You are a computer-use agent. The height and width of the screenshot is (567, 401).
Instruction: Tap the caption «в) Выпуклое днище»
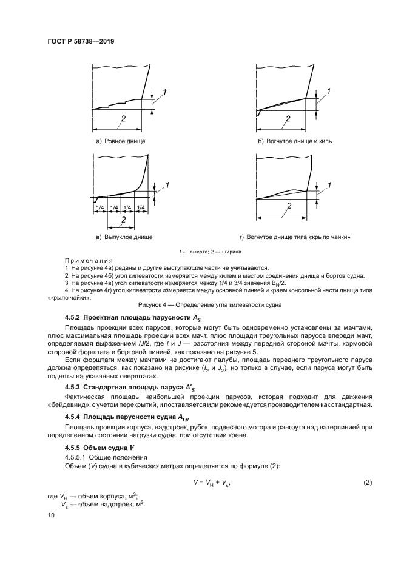pos(120,237)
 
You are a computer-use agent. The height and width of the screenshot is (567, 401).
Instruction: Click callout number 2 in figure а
pos(123,119)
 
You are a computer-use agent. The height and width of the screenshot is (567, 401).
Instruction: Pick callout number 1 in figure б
pos(328,91)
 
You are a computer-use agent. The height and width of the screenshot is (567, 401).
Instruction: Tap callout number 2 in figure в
pos(123,219)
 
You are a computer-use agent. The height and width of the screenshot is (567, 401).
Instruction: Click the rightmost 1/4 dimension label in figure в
pos(141,207)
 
